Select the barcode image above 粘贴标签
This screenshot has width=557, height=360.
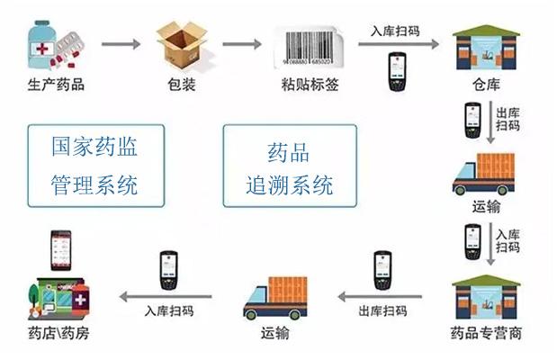click(x=309, y=42)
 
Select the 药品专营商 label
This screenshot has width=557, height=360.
click(x=486, y=334)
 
